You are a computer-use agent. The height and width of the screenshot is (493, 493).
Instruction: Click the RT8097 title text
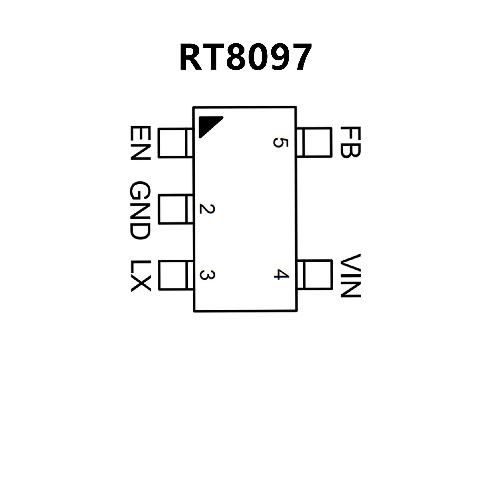[x=245, y=57]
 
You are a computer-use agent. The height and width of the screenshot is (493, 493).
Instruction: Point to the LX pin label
[x=140, y=276]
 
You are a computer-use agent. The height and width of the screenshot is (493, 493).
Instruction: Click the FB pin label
[x=351, y=142]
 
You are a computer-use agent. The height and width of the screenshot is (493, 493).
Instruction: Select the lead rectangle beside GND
[x=175, y=210]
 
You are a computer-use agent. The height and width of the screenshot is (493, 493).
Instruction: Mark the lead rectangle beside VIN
[x=315, y=274]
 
